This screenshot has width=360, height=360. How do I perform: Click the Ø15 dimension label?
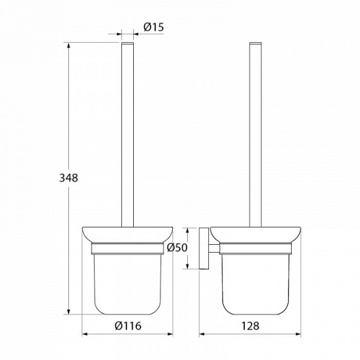coord(154,27)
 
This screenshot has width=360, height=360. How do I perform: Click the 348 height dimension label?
coord(68,178)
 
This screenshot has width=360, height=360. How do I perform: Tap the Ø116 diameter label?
coord(128,326)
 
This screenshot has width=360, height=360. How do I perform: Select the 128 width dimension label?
coord(250,326)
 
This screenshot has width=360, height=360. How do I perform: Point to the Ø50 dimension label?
coord(177,247)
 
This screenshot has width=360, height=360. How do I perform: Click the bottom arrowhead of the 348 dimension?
coord(68,311)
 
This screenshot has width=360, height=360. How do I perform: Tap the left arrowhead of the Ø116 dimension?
coord(85,334)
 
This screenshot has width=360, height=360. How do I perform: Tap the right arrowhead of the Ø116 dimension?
coord(170,334)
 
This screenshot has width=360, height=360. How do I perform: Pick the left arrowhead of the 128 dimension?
coord(202,334)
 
